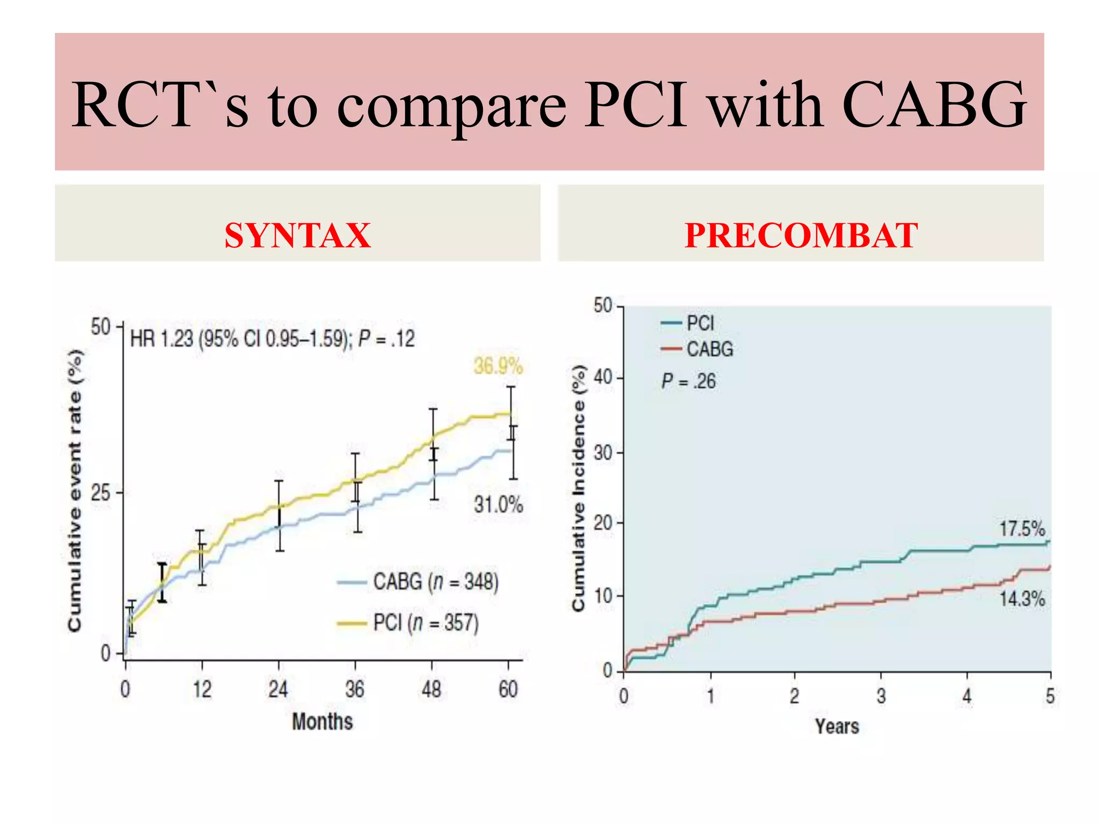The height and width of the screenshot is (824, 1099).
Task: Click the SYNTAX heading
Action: pyautogui.click(x=297, y=236)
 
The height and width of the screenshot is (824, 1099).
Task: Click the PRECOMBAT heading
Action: pyautogui.click(x=801, y=236)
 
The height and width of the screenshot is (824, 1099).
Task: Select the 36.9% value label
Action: pyautogui.click(x=498, y=366)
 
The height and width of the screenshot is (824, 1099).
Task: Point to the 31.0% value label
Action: pyautogui.click(x=498, y=505)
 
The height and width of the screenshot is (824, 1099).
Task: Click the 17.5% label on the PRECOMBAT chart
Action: pyautogui.click(x=1022, y=529)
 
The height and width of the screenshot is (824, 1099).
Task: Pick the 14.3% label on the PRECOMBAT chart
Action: pyautogui.click(x=1022, y=599)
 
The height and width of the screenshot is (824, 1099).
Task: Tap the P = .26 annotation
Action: pyautogui.click(x=688, y=381)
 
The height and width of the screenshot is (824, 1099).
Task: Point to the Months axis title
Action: pyautogui.click(x=323, y=722)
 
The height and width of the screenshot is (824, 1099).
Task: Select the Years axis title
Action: pyautogui.click(x=837, y=726)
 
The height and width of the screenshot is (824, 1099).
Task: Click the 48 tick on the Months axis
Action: pyautogui.click(x=431, y=689)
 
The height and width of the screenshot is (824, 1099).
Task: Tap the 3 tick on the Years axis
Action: pyautogui.click(x=881, y=696)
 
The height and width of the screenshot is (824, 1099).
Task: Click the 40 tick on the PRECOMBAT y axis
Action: pyautogui.click(x=603, y=378)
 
